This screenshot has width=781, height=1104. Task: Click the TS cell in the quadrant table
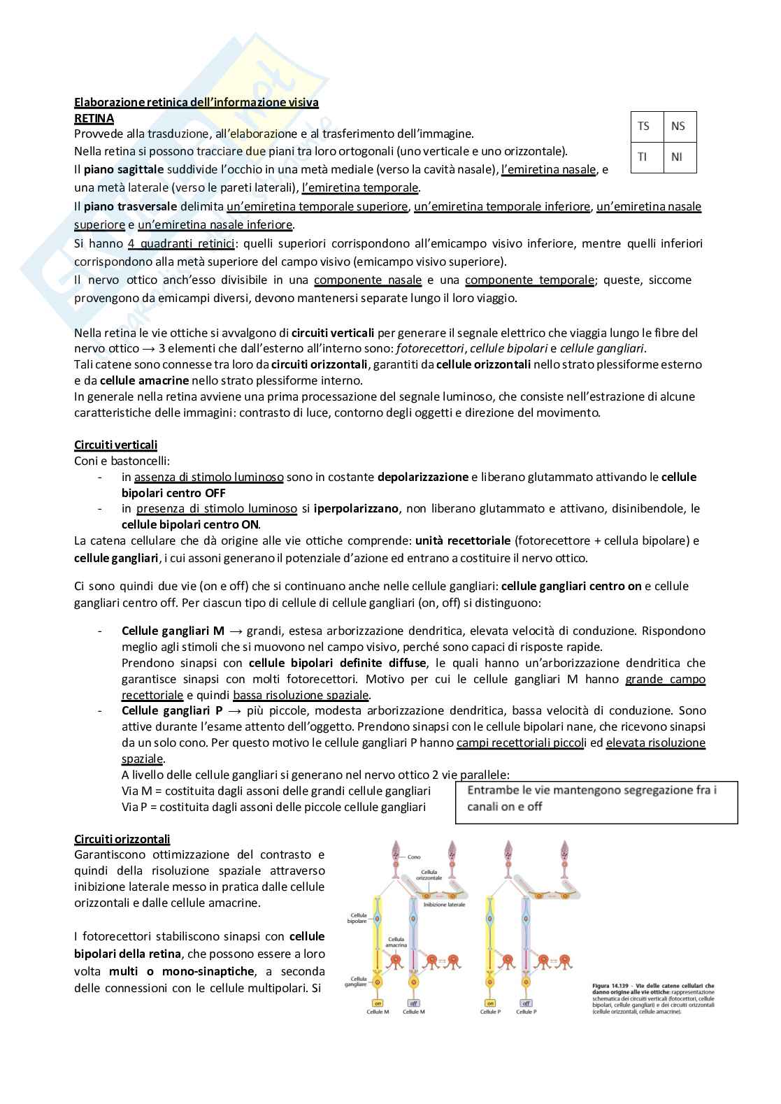(x=644, y=127)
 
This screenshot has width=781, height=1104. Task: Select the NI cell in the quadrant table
(x=677, y=157)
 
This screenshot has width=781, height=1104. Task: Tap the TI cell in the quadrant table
(x=643, y=157)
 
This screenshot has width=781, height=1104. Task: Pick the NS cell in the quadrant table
(x=678, y=127)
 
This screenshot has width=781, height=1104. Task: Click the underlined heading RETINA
(x=94, y=118)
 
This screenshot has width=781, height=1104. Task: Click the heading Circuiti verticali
(x=115, y=445)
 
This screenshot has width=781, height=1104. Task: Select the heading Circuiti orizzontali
(x=122, y=839)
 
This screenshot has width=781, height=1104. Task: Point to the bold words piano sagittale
(x=123, y=169)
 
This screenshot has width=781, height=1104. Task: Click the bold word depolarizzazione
(x=422, y=477)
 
